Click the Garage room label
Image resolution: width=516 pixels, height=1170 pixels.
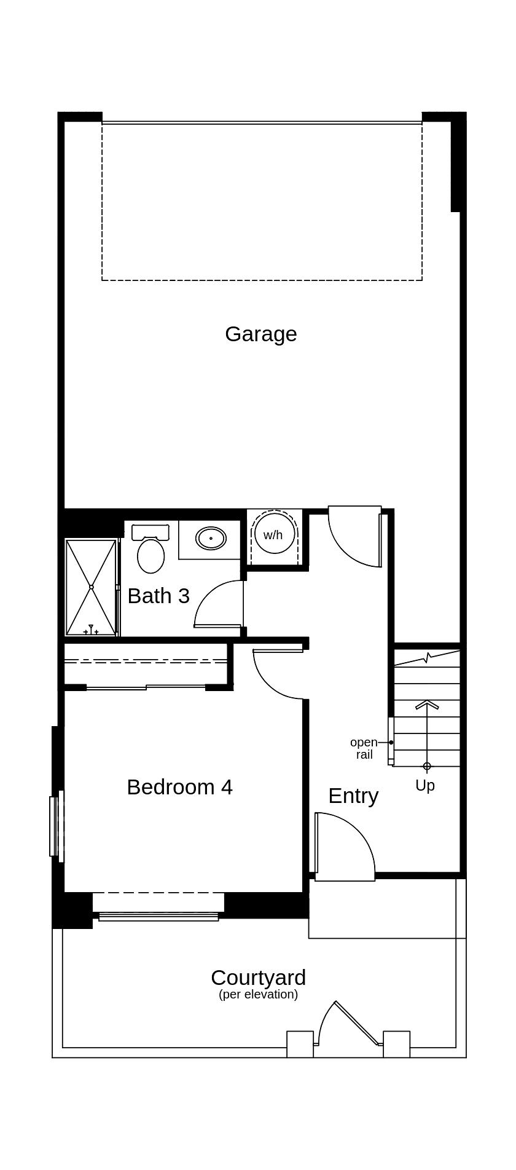pos(260,334)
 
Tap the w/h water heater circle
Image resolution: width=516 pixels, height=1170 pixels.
pos(273,534)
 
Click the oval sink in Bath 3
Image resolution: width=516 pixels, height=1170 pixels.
pos(211,539)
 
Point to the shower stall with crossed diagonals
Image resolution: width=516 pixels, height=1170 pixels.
pos(91,587)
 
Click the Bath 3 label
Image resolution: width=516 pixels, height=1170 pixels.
pos(158,596)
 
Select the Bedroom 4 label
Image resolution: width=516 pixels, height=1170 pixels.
pos(179,787)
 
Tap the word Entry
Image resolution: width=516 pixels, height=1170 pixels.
pos(353,796)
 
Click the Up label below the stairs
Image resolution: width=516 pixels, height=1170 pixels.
pos(425,785)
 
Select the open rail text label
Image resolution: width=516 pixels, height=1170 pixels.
pos(364,748)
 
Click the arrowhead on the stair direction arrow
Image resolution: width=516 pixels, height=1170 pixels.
pos(427,705)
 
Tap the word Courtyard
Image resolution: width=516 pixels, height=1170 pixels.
pos(258,977)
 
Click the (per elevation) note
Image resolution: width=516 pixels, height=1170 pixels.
pos(258,994)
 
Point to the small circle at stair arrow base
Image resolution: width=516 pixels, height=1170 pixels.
pos(427,766)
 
